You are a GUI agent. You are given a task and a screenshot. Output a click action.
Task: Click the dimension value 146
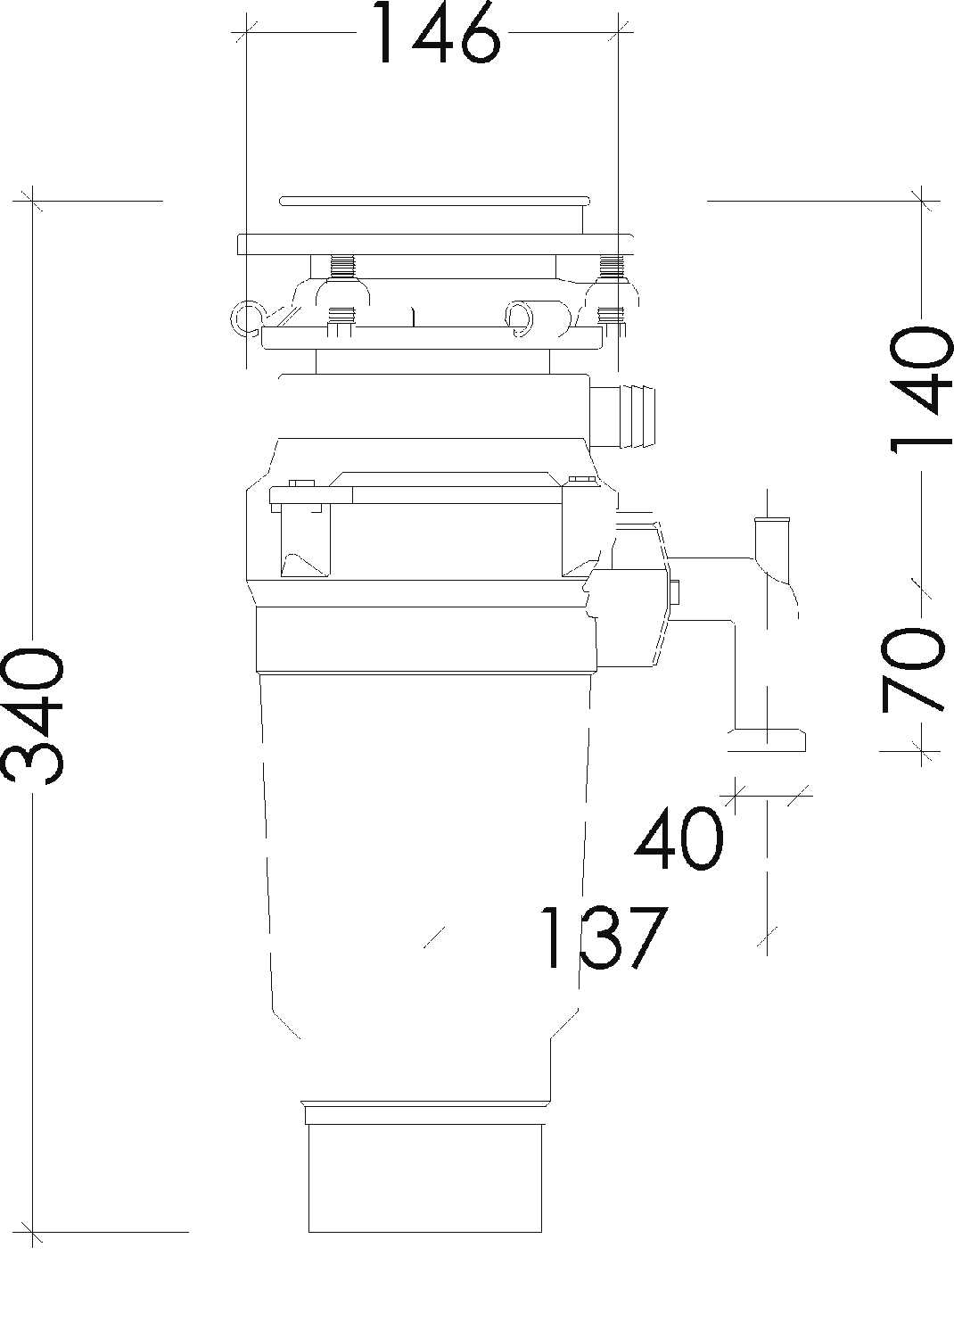coord(434,34)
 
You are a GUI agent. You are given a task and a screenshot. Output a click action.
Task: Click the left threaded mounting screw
coord(343,266)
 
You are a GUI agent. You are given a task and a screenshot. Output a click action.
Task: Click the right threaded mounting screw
coord(611,266)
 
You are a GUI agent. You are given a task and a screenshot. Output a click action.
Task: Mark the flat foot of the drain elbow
coord(768,739)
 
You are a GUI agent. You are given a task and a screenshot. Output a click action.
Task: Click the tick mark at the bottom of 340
coord(33,1232)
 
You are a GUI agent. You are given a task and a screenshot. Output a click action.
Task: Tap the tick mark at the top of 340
coord(33,201)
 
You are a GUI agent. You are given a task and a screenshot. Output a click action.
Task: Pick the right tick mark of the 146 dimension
coord(617,33)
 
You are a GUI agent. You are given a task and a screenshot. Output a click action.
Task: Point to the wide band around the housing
coord(424,638)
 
